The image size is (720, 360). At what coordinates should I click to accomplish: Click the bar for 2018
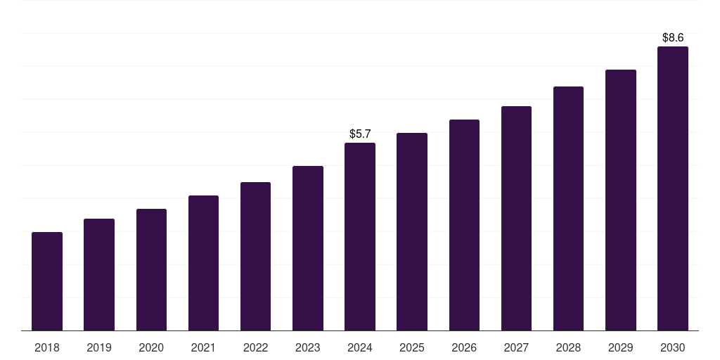point(47,281)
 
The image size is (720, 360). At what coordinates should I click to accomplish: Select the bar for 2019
point(99,274)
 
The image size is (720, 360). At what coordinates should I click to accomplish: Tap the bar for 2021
point(203,263)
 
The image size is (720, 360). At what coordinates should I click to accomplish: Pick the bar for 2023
point(308,248)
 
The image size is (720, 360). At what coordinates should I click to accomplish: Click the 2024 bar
point(360,236)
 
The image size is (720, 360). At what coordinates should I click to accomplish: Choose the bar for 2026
point(464,225)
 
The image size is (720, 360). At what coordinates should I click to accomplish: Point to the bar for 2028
point(568,208)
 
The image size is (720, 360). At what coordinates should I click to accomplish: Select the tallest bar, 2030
point(673,188)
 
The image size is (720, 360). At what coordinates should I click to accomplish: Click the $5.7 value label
point(360,134)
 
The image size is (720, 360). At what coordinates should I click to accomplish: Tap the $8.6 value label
point(673,37)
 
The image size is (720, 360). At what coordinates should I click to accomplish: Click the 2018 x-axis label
point(47,347)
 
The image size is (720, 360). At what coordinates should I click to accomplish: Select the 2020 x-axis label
point(151,347)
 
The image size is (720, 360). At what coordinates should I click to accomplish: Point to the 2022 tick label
point(255,347)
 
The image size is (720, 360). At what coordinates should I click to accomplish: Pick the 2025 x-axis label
point(412,347)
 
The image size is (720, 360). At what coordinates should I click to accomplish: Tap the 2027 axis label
point(516,347)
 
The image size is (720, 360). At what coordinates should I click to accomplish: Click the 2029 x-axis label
point(620,347)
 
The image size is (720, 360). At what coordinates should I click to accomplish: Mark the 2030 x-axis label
point(673,347)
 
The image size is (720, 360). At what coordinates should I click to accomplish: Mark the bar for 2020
point(151,269)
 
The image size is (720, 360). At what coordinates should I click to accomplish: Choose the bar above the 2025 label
point(412,231)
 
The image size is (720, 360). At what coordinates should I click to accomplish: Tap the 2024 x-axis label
point(360,347)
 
